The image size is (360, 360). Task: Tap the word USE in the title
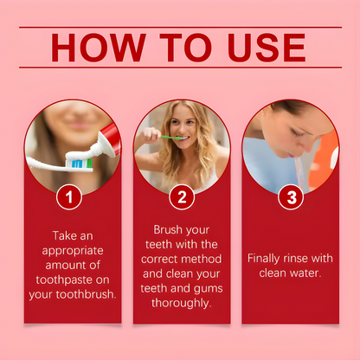pos(267,48)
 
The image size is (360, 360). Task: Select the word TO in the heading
pos(186,48)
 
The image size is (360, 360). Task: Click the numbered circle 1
pos(69,197)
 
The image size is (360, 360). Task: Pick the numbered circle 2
pos(182,197)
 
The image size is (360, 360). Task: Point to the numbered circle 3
pos(291,197)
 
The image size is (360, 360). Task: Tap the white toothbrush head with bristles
pos(80,163)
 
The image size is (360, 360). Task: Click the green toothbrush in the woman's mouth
pos(171,138)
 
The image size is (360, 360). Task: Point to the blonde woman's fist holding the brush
pos(151,135)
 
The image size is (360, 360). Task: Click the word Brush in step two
pos(168,229)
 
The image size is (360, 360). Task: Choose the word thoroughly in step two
pos(182,304)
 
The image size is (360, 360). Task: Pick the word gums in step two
pos(209,289)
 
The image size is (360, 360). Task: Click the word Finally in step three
pos(263,259)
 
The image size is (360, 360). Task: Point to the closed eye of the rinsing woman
pos(294,133)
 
